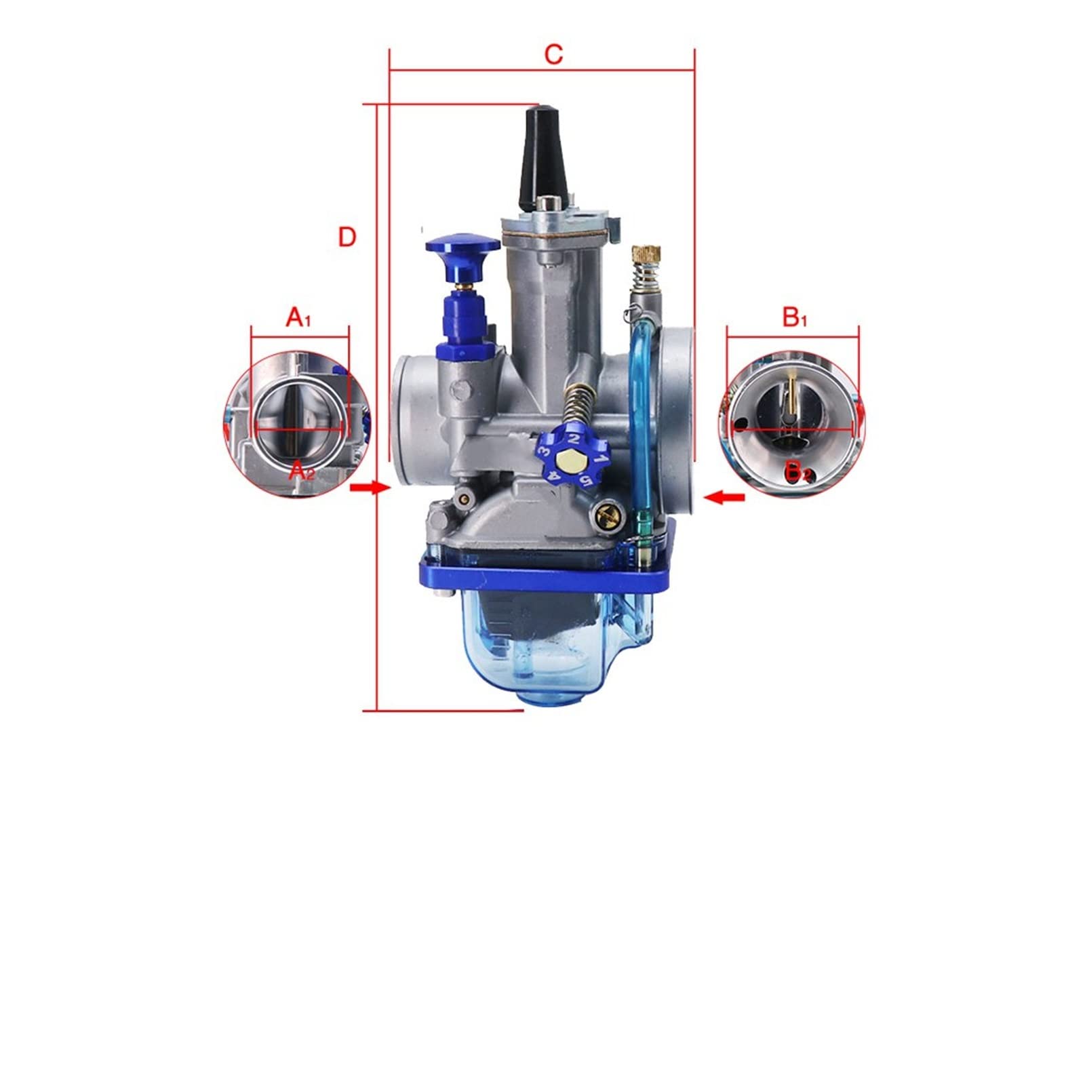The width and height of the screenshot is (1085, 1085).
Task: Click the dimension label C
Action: [x=554, y=54]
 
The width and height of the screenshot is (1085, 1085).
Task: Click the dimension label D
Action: [x=347, y=237]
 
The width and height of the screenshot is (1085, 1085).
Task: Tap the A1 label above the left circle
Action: [x=298, y=317]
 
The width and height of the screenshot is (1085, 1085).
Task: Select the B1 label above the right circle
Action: [x=795, y=317]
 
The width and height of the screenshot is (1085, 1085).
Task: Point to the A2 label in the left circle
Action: [x=302, y=471]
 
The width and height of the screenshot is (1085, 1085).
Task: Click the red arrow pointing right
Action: [x=370, y=488]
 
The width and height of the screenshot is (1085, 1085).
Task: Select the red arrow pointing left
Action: [x=724, y=498]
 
